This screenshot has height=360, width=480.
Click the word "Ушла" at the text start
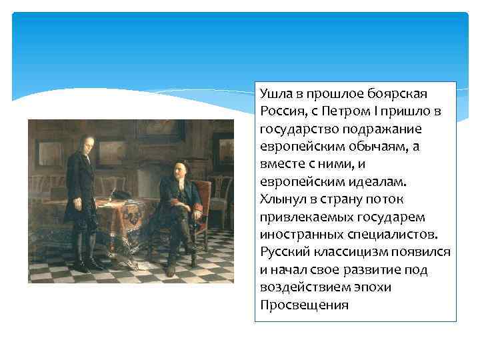(273, 93)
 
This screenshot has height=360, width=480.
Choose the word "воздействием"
(300, 288)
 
